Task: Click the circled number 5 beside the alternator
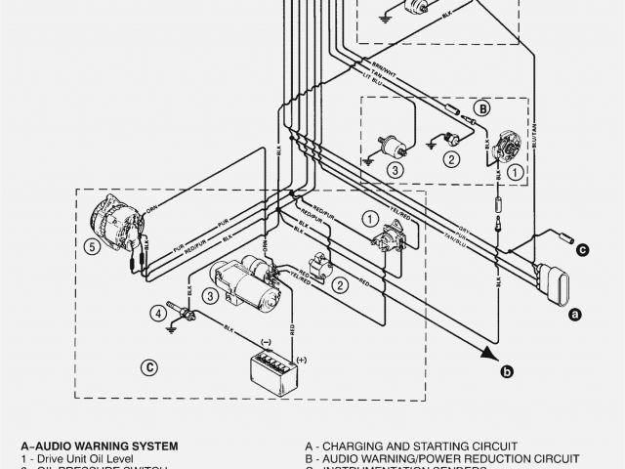click(x=91, y=247)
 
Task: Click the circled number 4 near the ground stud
click(x=156, y=314)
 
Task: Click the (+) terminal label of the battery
click(x=303, y=359)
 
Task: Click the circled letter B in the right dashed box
click(x=480, y=108)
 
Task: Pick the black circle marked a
click(x=575, y=315)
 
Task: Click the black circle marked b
click(x=507, y=370)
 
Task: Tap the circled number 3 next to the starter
click(x=209, y=295)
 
